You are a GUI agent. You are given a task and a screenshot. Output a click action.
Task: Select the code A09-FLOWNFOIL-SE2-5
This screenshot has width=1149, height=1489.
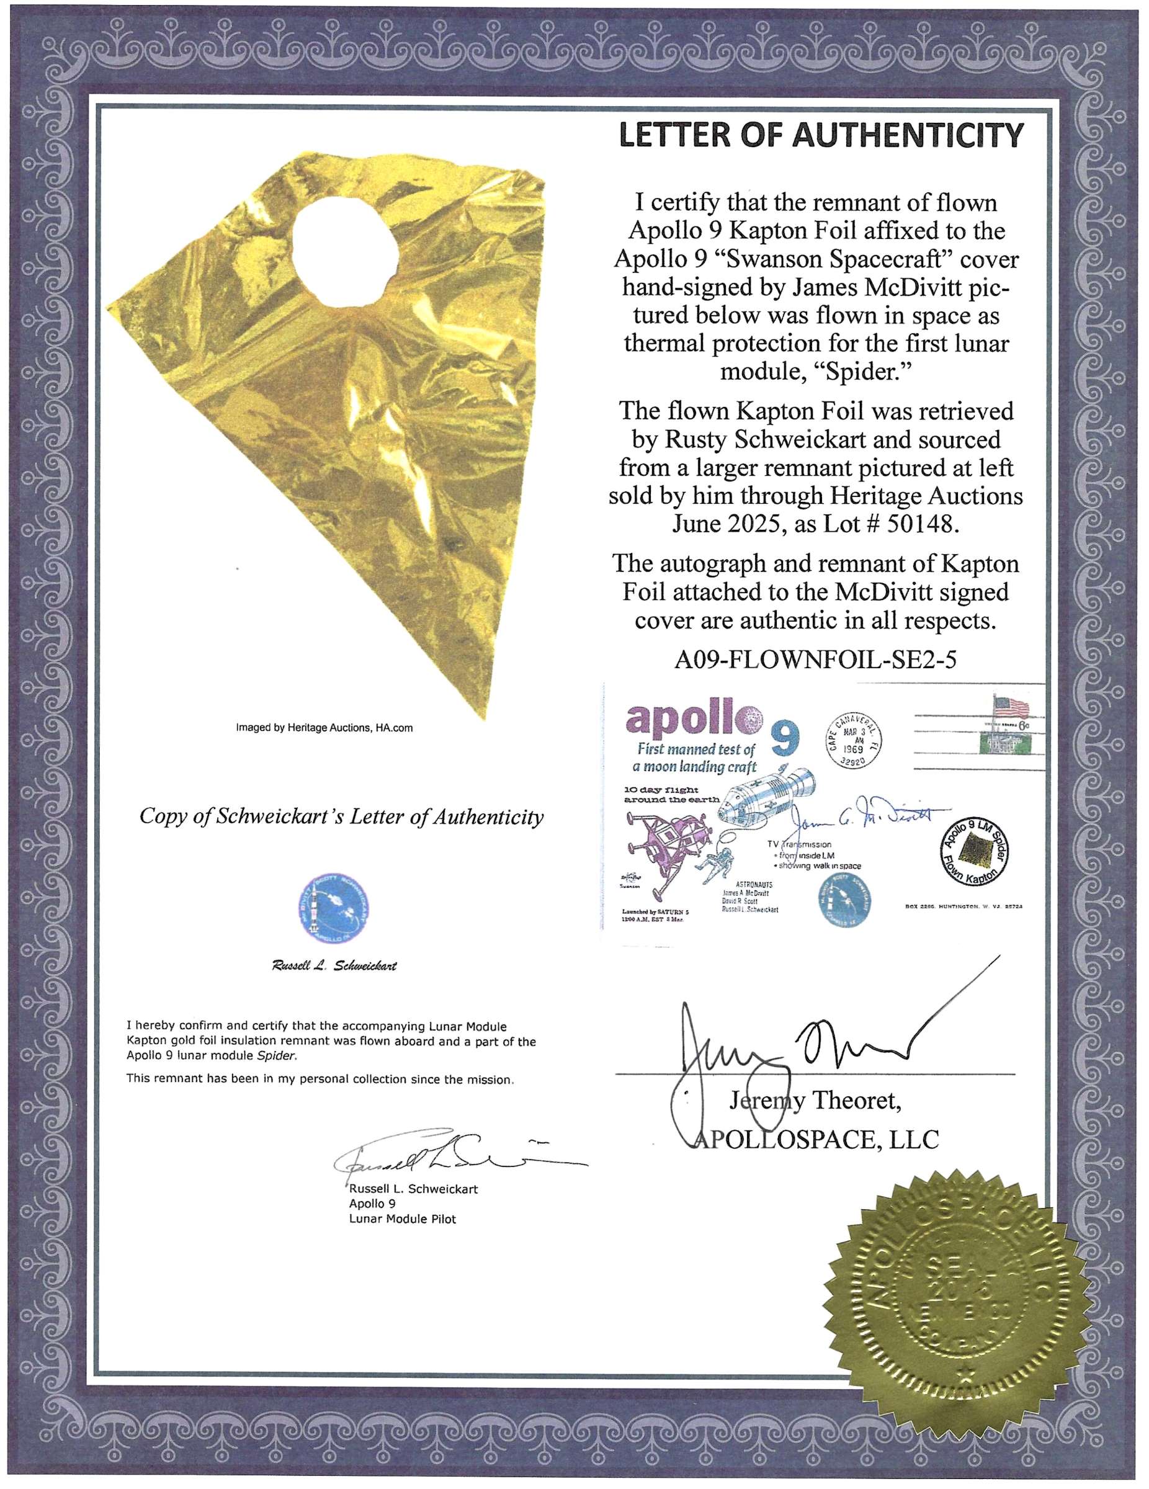click(x=815, y=660)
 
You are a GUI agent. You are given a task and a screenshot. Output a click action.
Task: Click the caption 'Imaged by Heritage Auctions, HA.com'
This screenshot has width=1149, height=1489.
click(x=324, y=728)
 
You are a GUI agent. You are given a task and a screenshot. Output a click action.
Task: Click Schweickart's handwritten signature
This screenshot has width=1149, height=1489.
click(x=436, y=1156)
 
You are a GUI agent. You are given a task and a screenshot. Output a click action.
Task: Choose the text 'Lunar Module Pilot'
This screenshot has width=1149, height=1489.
click(x=402, y=1218)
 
